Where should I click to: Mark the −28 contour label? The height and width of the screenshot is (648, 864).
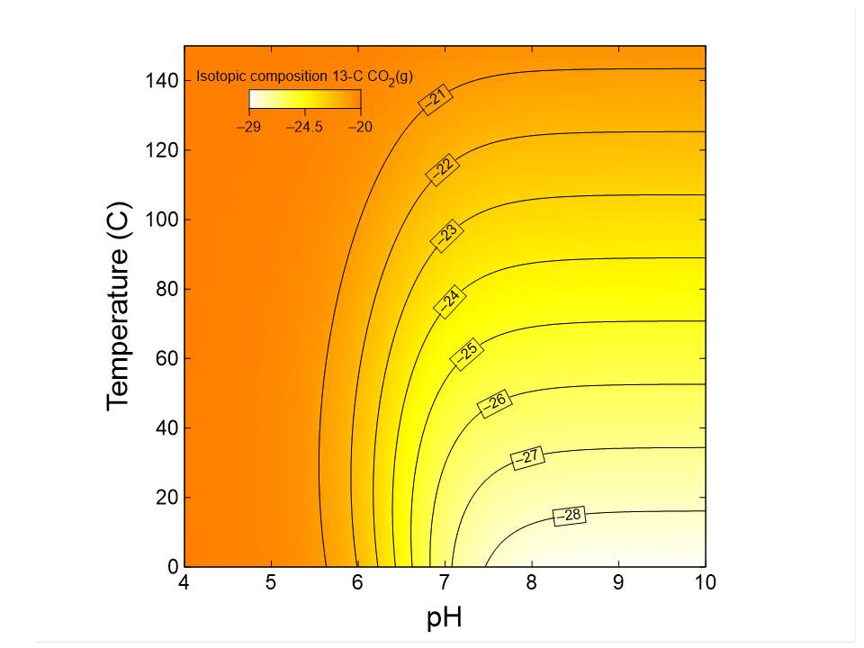tap(570, 516)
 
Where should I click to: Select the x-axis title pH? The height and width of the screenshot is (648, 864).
tap(444, 618)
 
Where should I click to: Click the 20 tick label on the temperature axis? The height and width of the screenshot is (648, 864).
tap(168, 497)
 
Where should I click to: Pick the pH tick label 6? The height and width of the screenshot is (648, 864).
tap(357, 583)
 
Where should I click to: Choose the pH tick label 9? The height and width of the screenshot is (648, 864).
tap(618, 583)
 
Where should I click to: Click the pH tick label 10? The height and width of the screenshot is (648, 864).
tap(706, 583)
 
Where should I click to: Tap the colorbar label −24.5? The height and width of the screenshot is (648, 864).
tap(304, 128)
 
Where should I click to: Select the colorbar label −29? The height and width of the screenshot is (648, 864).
tap(248, 128)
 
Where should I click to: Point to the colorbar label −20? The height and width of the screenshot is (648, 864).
tap(360, 128)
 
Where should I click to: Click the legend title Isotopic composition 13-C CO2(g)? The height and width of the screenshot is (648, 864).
tap(304, 77)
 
